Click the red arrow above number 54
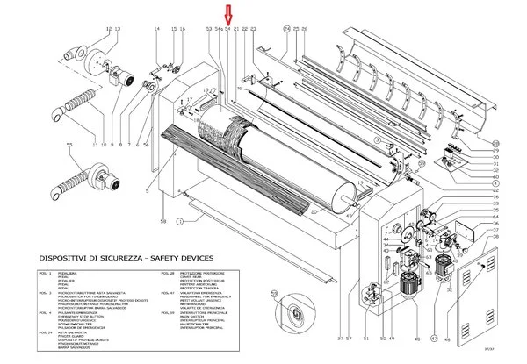pos(227,12)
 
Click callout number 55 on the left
pos(69,144)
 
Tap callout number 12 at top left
pos(108,30)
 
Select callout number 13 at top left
pos(116,30)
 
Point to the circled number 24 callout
pos(286,29)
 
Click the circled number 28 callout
pos(495,144)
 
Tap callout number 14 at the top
pos(157,30)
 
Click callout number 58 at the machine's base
pos(162,223)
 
